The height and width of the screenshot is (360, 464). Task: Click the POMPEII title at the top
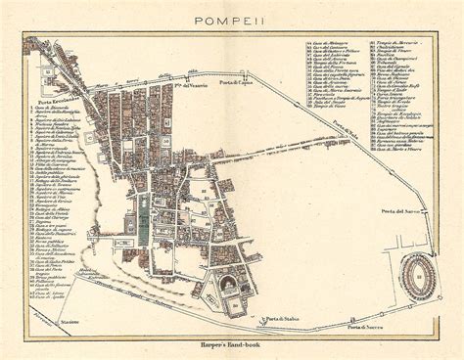coord(232,19)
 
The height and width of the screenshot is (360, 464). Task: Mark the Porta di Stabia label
coord(279,320)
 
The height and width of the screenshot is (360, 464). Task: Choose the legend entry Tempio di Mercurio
coord(395,43)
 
